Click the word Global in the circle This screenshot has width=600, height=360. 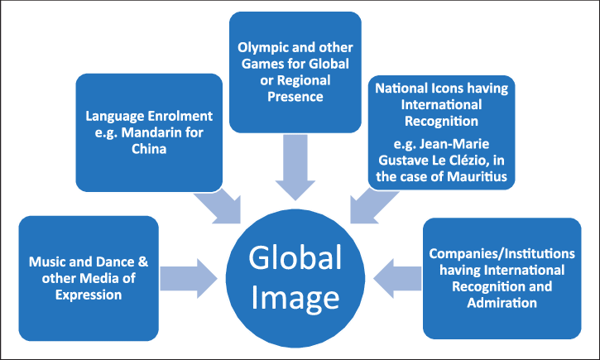click(295, 258)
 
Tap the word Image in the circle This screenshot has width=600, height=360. click(295, 295)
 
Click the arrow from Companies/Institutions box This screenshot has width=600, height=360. click(396, 274)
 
